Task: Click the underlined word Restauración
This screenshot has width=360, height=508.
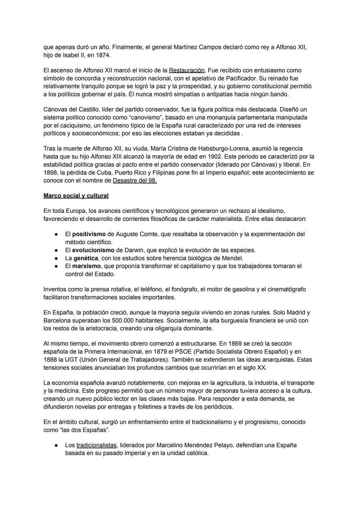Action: pyautogui.click(x=187, y=70)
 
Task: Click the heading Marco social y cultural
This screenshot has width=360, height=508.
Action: pyautogui.click(x=76, y=196)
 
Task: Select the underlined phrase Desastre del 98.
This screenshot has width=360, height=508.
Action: pyautogui.click(x=135, y=181)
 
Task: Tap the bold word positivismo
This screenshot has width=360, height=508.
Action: pyautogui.click(x=89, y=234)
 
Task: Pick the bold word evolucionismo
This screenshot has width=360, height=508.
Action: pyautogui.click(x=93, y=250)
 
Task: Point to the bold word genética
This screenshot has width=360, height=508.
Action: pyautogui.click(x=86, y=258)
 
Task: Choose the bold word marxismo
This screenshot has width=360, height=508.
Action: pyautogui.click(x=86, y=266)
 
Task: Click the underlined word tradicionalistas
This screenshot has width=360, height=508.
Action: pyautogui.click(x=96, y=445)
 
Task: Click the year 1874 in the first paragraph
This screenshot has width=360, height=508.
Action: pyautogui.click(x=103, y=55)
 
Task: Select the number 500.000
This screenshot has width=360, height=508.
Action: pyautogui.click(x=151, y=320)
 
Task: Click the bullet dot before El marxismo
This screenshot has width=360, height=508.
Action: pyautogui.click(x=57, y=266)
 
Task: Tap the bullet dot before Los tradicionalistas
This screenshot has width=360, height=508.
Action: pyautogui.click(x=57, y=446)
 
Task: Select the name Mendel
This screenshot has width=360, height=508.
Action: pyautogui.click(x=233, y=258)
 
